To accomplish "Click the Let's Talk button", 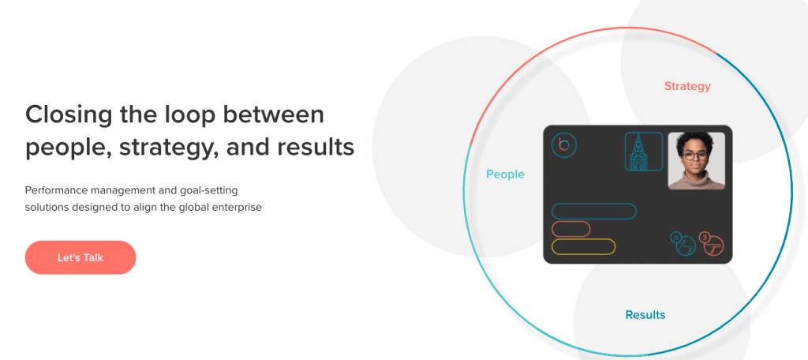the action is pyautogui.click(x=80, y=257).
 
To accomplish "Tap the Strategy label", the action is pyautogui.click(x=687, y=87).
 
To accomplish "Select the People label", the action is pyautogui.click(x=506, y=174).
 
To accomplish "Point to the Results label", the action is pyautogui.click(x=645, y=315).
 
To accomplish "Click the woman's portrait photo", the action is pyautogui.click(x=696, y=161).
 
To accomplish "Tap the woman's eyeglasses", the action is pyautogui.click(x=696, y=155).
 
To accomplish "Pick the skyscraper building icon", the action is pyautogui.click(x=644, y=152).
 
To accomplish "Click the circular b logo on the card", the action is pyautogui.click(x=563, y=145).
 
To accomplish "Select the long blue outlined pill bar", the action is pyautogui.click(x=593, y=212).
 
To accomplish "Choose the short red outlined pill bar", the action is pyautogui.click(x=571, y=229).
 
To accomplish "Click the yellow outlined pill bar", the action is pyautogui.click(x=583, y=246).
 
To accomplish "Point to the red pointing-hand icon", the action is pyautogui.click(x=713, y=246).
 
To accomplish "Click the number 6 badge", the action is pyautogui.click(x=675, y=238).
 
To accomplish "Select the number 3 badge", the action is pyautogui.click(x=704, y=238).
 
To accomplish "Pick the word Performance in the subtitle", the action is pyautogui.click(x=56, y=190).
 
